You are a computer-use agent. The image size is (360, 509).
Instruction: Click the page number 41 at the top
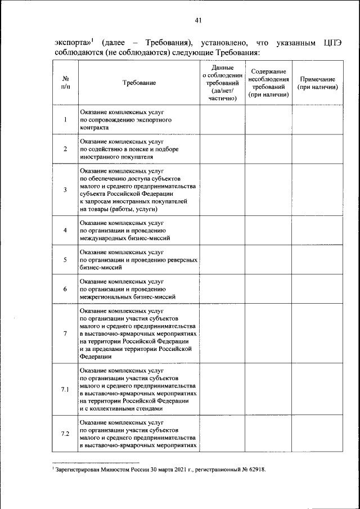(198, 20)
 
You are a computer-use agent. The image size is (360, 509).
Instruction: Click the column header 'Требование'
(139, 83)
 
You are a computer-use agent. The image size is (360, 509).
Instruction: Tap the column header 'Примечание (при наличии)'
(317, 83)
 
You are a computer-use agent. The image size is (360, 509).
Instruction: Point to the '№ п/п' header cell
(65, 83)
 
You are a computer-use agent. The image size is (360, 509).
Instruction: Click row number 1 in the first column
(65, 119)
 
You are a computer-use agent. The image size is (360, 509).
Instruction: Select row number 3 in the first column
(65, 190)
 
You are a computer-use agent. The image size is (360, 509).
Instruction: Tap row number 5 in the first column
(65, 259)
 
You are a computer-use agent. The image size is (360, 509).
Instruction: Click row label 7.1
(65, 390)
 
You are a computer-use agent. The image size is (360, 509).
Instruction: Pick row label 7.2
(65, 433)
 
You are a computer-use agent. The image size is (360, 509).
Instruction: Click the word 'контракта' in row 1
(94, 128)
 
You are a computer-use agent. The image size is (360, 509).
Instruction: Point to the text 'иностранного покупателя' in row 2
(116, 157)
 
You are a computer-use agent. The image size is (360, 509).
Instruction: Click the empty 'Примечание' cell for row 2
(317, 149)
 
